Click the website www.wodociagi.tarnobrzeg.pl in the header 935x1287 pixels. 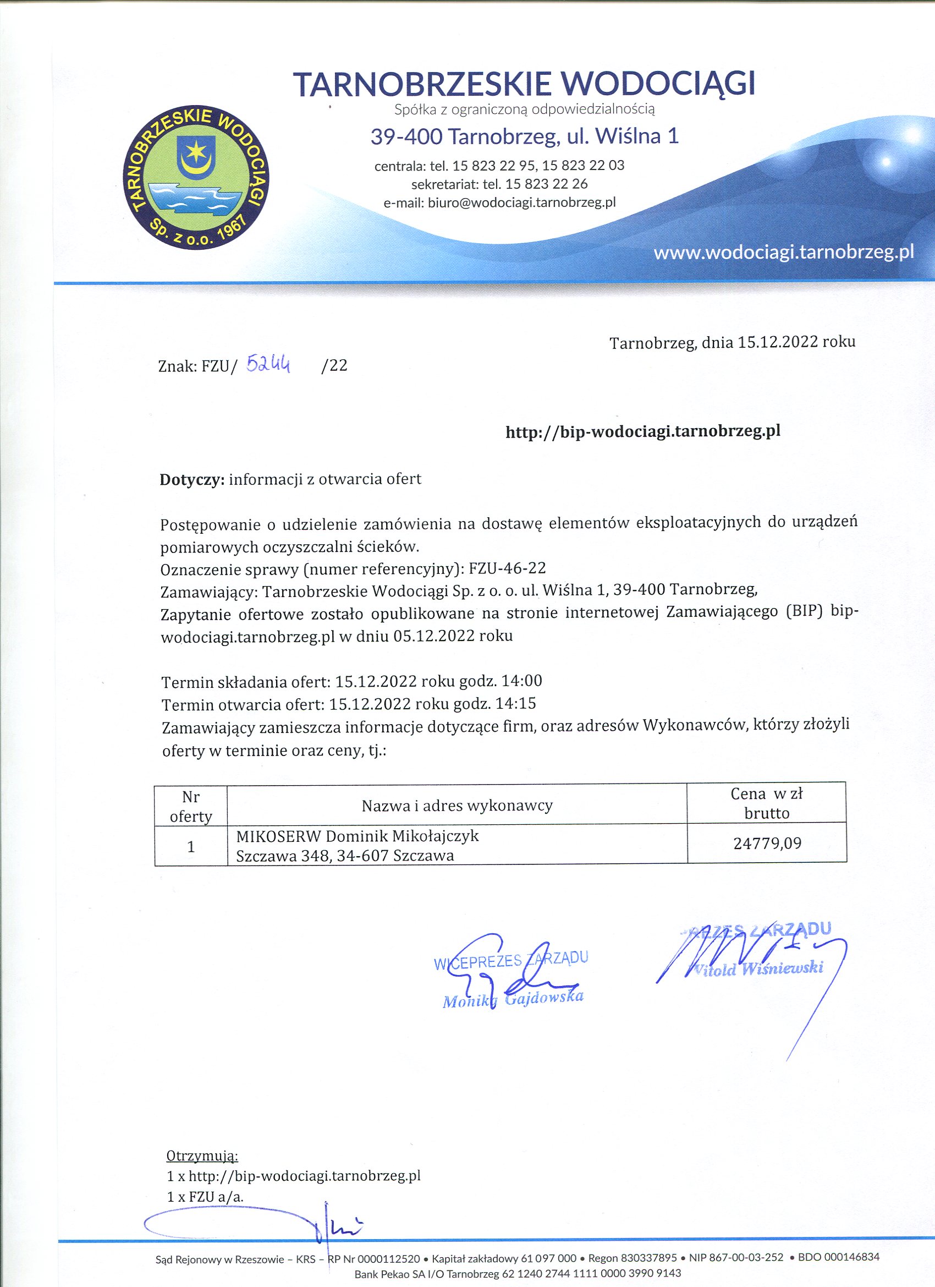tap(784, 253)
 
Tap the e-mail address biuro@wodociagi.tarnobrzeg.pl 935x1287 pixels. tap(521, 202)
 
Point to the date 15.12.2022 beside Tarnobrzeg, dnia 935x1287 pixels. tap(777, 342)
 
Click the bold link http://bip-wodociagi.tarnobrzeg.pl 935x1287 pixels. tap(643, 432)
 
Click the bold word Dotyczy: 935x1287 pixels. tap(193, 479)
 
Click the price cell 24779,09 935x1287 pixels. tap(767, 844)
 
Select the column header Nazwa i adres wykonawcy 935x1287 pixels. tap(457, 805)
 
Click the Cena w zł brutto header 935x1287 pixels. tap(767, 803)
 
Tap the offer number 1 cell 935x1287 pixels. tap(191, 847)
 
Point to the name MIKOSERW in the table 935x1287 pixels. tap(278, 836)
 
